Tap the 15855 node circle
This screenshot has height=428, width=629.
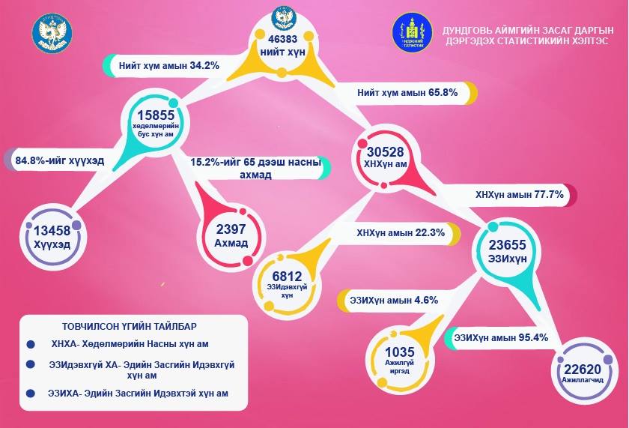coord(157,120)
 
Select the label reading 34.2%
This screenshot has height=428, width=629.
coord(168,65)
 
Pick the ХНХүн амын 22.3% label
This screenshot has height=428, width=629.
coord(401,233)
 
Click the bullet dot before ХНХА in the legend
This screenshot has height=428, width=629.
coord(30,345)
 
